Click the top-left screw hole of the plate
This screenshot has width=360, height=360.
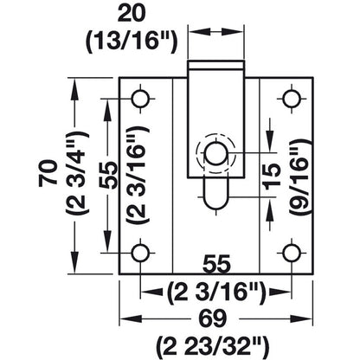(x=139, y=97)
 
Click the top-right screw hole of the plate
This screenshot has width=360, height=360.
(x=291, y=97)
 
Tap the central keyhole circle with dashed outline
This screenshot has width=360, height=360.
(x=215, y=152)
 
